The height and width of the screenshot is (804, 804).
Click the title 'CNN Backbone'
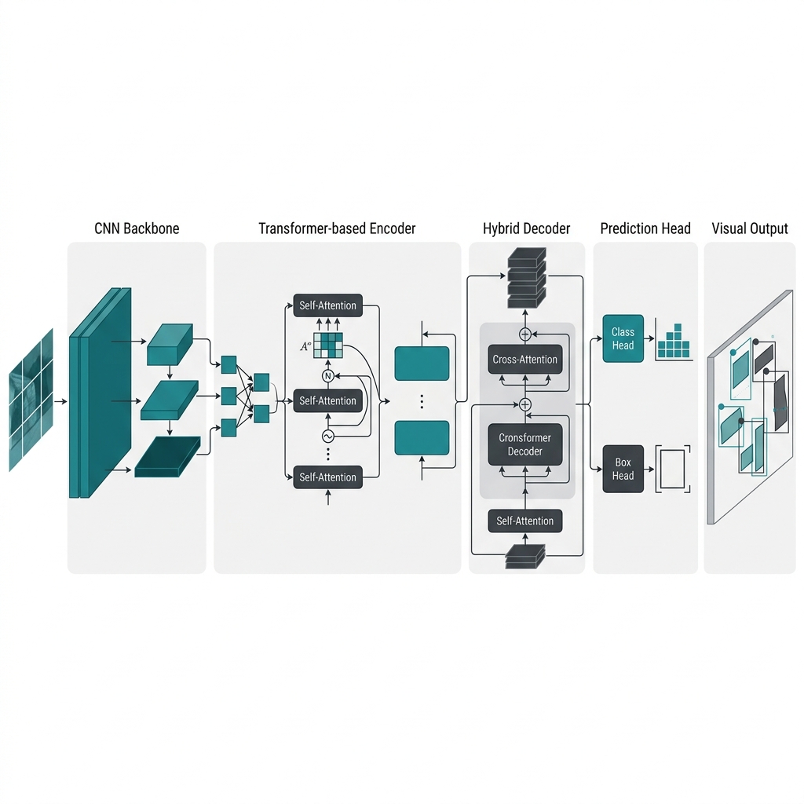137,228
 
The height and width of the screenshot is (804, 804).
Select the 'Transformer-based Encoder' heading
337,228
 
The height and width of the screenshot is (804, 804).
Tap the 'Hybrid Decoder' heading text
526,228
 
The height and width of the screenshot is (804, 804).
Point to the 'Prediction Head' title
645,228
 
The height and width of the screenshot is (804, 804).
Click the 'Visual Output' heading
749,228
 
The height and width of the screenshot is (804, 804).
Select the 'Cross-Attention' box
525,360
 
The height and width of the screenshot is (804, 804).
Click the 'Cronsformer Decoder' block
525,444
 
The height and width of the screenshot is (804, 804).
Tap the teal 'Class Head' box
623,338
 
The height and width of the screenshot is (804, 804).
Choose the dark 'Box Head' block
623,469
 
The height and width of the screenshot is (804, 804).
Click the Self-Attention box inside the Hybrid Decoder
525,521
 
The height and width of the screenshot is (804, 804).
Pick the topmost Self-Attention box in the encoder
327,305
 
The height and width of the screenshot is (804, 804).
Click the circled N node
327,376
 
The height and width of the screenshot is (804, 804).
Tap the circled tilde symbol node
327,437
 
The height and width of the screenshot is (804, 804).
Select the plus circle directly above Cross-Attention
525,333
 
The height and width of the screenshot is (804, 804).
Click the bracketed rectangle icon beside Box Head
673,469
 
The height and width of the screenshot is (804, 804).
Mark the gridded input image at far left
31,400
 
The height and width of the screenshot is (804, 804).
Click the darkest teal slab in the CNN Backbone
167,459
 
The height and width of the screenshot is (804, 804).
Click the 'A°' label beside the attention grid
305,344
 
